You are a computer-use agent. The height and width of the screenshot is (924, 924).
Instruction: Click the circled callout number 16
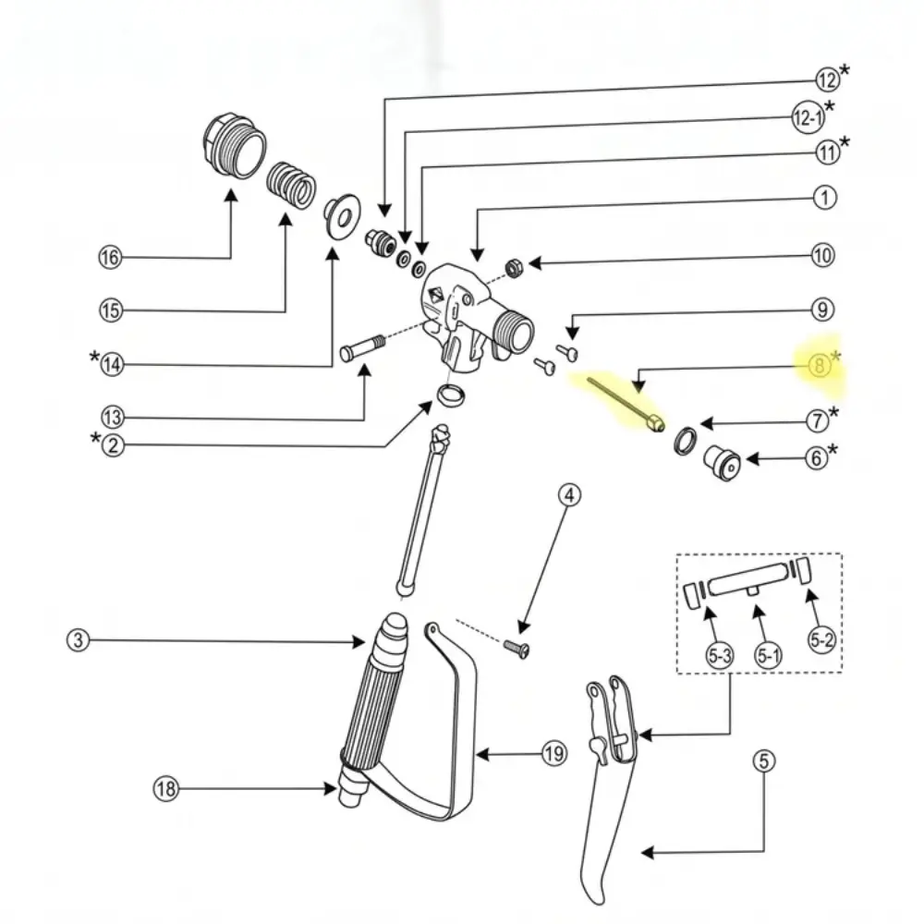[x=110, y=258]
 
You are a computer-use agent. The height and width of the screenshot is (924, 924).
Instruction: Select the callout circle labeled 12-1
[x=808, y=118]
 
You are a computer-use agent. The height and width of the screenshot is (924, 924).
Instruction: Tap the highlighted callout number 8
[x=819, y=366]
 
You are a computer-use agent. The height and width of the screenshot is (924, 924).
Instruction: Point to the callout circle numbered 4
[x=569, y=495]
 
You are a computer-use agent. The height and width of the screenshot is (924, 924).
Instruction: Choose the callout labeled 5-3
[x=720, y=655]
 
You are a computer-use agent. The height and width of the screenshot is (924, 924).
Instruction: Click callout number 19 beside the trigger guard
[x=553, y=754]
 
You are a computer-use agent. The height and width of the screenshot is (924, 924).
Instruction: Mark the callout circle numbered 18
[x=166, y=788]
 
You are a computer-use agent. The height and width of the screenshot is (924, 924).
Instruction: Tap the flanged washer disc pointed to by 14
[x=343, y=216]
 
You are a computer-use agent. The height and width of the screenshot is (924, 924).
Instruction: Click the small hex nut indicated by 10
[x=514, y=268]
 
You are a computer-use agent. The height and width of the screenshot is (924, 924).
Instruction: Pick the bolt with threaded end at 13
[x=362, y=347]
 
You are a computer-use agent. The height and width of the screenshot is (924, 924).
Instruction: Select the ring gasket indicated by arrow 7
[x=686, y=441]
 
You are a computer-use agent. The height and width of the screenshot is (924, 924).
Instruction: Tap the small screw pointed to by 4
[x=517, y=649]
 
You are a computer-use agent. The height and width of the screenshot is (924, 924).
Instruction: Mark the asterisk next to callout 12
[x=845, y=70]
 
